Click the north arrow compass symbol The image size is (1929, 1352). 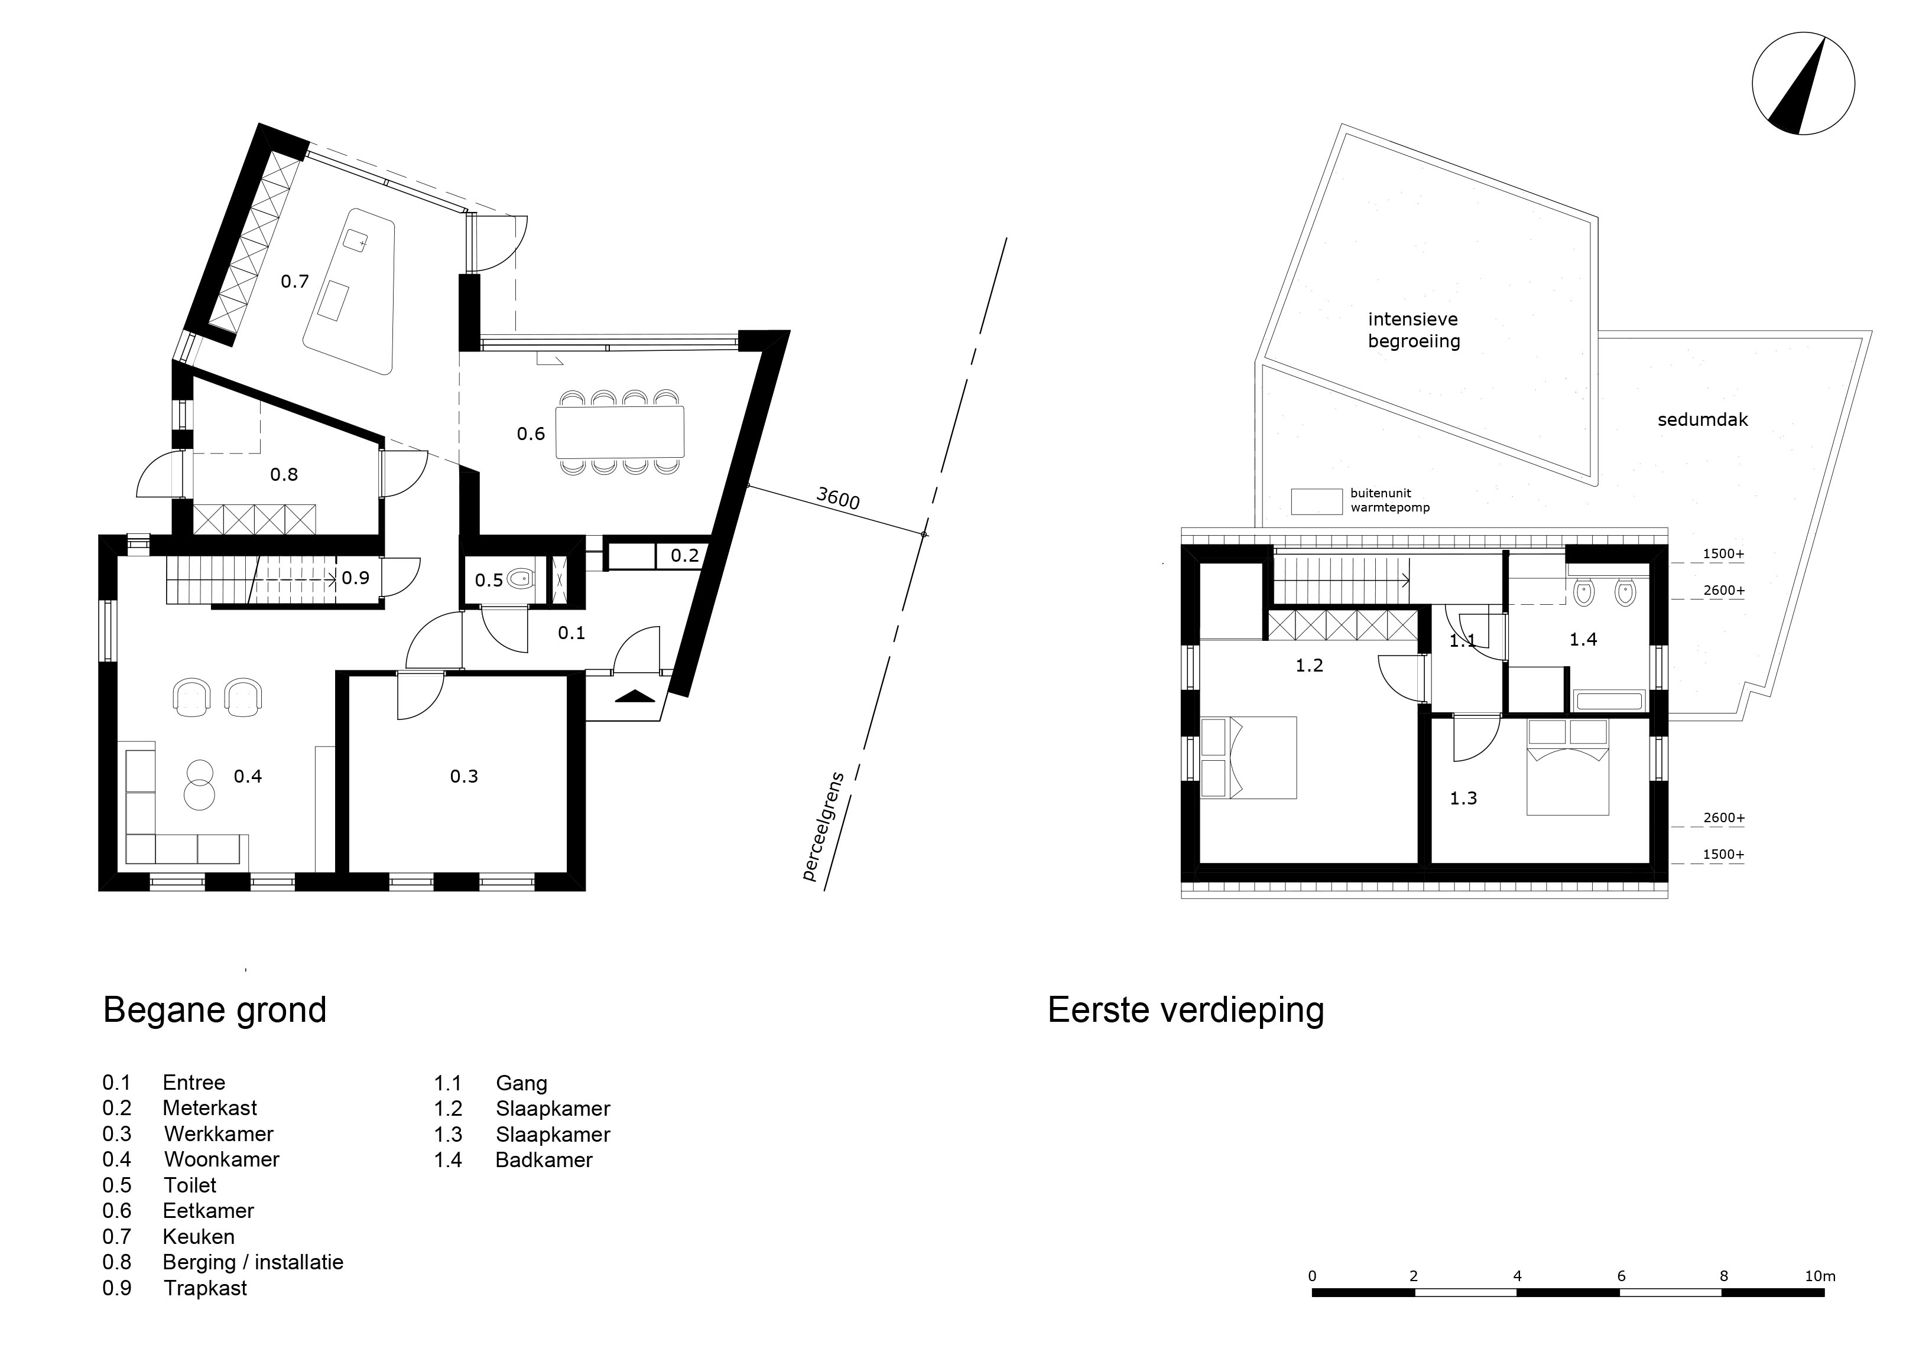pos(1803,83)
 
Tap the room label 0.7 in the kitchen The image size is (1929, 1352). pos(295,281)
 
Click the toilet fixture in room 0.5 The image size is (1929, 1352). pos(522,578)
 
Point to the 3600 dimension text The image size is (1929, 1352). pos(837,499)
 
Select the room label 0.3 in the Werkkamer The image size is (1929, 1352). pos(464,776)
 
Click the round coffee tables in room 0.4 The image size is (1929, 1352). pos(200,784)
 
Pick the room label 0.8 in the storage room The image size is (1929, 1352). pos(284,474)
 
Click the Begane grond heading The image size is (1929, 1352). pos(215,1010)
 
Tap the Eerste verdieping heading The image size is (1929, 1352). pos(1186,1010)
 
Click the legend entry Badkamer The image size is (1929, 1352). pos(544,1159)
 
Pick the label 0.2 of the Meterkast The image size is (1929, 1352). pos(685,555)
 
